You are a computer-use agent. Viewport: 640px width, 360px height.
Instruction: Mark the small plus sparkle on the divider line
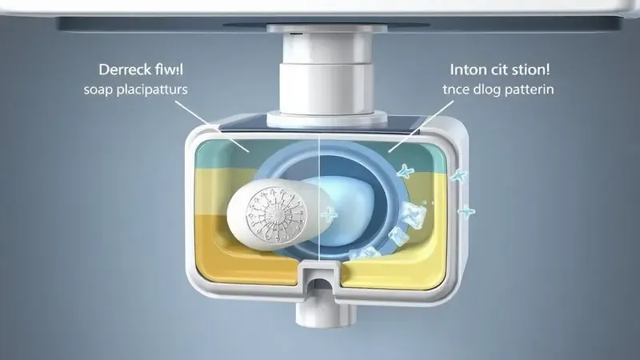[x=326, y=215]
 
